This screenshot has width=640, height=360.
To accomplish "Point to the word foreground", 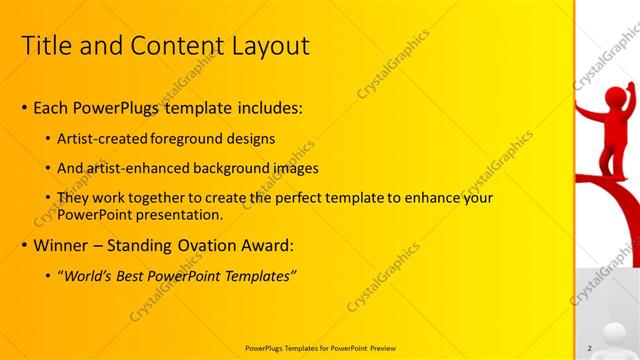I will (205, 138).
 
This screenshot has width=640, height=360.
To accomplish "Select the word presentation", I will (176, 215).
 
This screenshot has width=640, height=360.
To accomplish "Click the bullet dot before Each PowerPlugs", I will (24, 108).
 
